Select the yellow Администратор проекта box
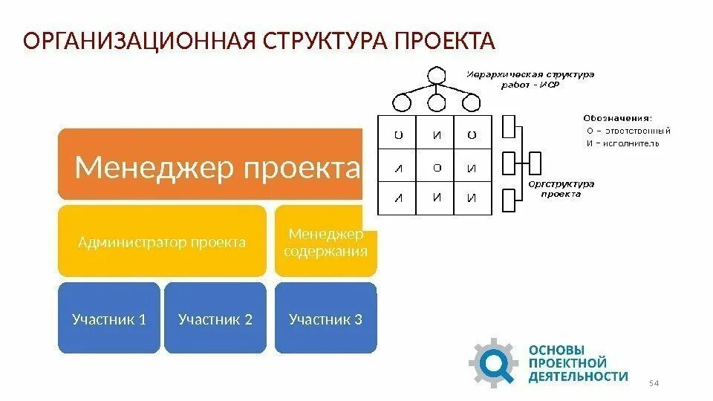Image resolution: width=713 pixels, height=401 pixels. (x=162, y=242)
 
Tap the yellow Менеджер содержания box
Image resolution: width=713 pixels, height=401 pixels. (x=326, y=242)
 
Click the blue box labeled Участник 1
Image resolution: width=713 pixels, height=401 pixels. (x=108, y=319)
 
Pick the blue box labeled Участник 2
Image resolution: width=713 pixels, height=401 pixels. (x=215, y=319)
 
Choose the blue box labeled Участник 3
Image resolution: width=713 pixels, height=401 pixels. (x=325, y=319)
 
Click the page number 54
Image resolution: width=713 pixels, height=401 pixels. (x=654, y=382)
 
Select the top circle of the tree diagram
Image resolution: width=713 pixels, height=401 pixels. (x=436, y=76)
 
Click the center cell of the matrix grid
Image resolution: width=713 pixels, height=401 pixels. (x=436, y=168)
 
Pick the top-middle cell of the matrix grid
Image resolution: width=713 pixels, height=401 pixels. (x=436, y=135)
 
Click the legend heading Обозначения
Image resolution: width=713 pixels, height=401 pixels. (x=617, y=117)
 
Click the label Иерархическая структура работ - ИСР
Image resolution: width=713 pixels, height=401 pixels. (x=530, y=79)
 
